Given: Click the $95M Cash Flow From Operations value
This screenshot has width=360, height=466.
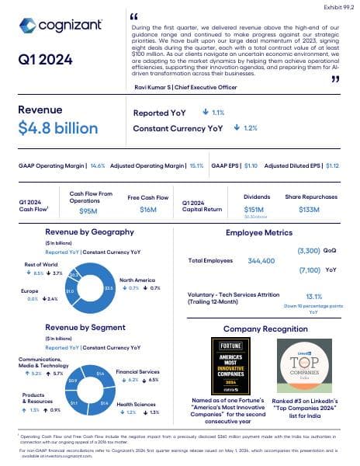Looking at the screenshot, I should click(x=88, y=210).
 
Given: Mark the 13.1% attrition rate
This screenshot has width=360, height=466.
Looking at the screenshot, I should click(x=313, y=296).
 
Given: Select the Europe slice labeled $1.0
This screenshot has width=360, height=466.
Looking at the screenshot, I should click(x=70, y=290).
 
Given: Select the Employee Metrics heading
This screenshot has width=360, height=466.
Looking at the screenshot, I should click(x=259, y=232).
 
